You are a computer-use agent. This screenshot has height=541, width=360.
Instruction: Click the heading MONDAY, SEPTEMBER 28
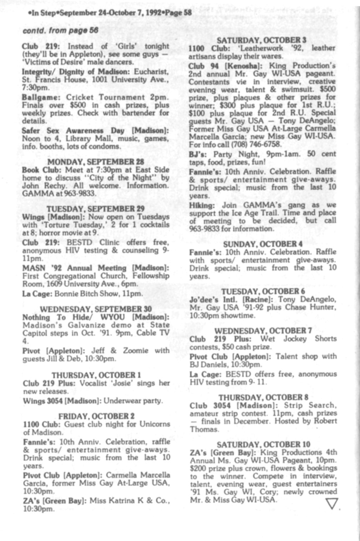96,161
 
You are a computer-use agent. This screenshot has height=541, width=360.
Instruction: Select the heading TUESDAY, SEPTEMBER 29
96,209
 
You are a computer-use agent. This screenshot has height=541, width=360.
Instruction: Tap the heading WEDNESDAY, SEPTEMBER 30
96,309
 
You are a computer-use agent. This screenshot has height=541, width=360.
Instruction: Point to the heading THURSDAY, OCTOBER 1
96,375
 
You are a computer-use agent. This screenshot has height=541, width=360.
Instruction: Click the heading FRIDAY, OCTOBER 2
96,416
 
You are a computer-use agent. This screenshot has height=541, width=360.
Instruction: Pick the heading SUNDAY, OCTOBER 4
263,244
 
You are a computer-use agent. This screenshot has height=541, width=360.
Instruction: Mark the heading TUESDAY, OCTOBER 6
263,291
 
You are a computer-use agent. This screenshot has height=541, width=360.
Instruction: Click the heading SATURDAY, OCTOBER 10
264,445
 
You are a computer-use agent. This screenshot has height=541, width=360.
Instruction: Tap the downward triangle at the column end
332,504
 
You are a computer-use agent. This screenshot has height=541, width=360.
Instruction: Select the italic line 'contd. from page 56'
60,31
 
